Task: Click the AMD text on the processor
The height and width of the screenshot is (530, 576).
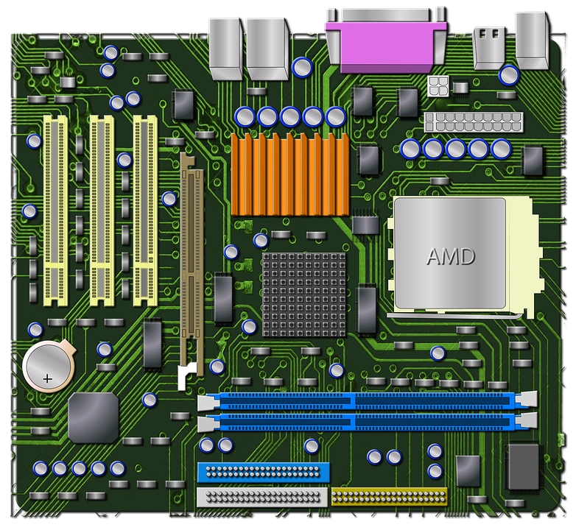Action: point(451,257)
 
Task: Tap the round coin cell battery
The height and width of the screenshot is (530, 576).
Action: point(49,366)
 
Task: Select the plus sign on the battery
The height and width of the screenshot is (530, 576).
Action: point(48,379)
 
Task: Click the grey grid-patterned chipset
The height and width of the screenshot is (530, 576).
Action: point(304,294)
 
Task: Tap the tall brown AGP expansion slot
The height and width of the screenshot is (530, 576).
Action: point(192,264)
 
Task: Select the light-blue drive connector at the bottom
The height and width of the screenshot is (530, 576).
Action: point(264,473)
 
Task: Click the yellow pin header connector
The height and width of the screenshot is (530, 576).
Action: point(390,497)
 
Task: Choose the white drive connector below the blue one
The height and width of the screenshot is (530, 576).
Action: point(262,497)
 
